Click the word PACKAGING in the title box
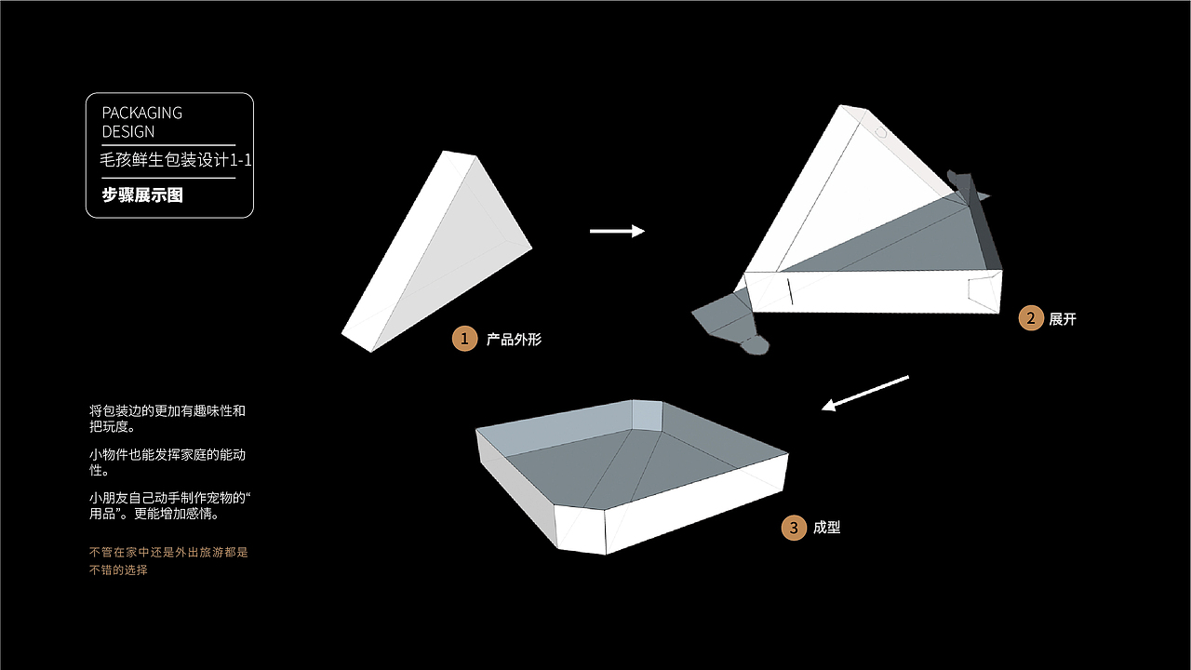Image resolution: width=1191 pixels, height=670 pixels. pos(142,113)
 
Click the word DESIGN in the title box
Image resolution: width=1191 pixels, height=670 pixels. pos(128,131)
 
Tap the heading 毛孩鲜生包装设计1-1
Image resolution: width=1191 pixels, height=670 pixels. pos(176,159)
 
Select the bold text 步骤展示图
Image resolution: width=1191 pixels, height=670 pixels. pos(142,195)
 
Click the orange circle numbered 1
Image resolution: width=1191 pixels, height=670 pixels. pos(464,339)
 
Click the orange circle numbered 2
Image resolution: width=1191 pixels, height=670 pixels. pos(1031,318)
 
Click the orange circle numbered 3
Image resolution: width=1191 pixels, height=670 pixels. pos(794,528)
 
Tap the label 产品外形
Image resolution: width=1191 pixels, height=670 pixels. pos(514,340)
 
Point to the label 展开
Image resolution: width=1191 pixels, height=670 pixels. pos(1063,319)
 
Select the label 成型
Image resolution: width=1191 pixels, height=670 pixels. pos(827,528)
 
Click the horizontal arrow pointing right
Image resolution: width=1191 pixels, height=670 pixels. pos(617,231)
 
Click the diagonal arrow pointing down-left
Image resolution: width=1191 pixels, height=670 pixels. pos(865,393)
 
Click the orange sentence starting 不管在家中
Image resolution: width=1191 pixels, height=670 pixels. pos(168,561)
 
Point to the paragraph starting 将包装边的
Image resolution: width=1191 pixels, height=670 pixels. pos(167,419)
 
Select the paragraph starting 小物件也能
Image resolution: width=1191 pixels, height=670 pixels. pos(167,462)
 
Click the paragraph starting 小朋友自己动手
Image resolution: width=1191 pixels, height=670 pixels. pos(169,505)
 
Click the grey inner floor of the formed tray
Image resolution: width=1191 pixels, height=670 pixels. pos(638,468)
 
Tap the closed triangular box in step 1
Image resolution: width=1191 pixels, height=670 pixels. pos(436,251)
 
